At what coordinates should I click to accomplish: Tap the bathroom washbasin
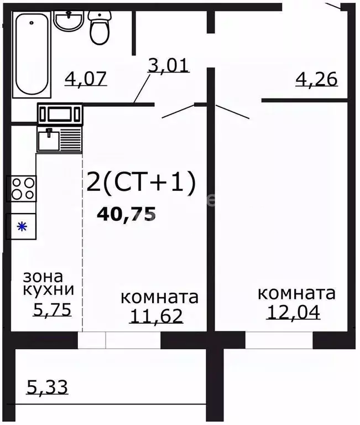(x=69, y=22)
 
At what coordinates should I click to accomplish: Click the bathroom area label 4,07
(x=85, y=79)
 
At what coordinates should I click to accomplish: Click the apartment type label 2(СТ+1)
(x=141, y=184)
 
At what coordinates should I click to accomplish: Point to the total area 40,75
(x=126, y=214)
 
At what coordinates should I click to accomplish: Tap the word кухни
(x=48, y=291)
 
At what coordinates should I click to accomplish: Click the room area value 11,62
(x=156, y=316)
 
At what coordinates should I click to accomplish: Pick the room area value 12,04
(x=293, y=312)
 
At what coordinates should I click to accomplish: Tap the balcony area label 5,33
(x=47, y=387)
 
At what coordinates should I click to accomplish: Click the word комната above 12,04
(x=296, y=293)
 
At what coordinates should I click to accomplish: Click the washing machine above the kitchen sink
(x=59, y=114)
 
